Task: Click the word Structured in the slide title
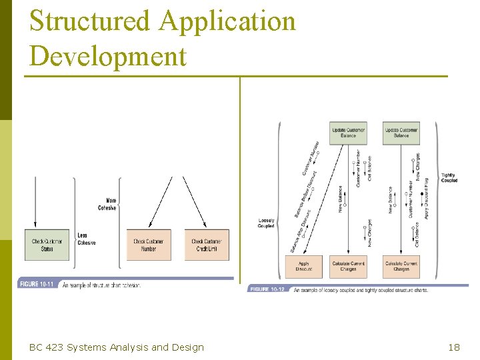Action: click(90, 21)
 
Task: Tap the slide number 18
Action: click(454, 347)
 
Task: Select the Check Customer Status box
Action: click(47, 245)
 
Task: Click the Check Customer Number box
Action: click(149, 245)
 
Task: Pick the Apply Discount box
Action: click(303, 267)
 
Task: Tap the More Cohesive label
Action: click(107, 204)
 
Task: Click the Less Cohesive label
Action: click(87, 239)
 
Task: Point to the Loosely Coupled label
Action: click(266, 223)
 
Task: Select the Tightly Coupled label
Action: click(449, 177)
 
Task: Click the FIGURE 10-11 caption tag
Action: click(37, 285)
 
